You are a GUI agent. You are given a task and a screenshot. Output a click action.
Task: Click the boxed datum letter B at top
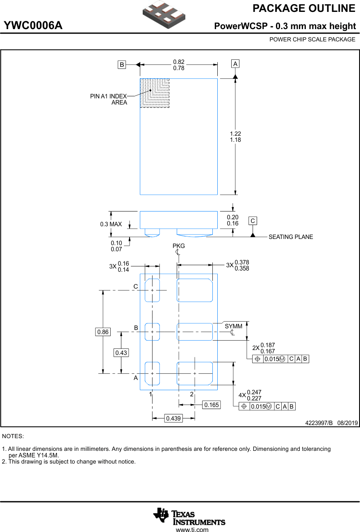(122, 64)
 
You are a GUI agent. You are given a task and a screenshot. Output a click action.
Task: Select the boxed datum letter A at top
(235, 64)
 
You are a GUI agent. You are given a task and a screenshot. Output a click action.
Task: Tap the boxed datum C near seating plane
(253, 221)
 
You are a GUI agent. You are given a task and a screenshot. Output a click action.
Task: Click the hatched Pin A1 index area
(155, 93)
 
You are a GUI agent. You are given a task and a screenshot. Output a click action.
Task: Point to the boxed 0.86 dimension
(103, 332)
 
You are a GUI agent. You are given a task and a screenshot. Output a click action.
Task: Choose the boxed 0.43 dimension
(121, 352)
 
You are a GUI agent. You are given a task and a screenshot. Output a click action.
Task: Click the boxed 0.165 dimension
(211, 405)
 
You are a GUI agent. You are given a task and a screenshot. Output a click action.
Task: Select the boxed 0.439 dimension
(173, 418)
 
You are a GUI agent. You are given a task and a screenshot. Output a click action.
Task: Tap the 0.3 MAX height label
(111, 224)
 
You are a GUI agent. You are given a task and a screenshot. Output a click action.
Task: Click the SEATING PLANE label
(290, 237)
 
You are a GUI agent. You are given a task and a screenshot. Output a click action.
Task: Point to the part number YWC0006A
(33, 26)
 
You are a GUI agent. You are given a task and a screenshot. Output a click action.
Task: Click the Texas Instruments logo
(189, 517)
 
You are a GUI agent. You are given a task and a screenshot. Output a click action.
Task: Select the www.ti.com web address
(192, 530)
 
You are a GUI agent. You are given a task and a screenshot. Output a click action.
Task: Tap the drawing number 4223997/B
(319, 423)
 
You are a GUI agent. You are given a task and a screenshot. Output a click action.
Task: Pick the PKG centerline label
(179, 246)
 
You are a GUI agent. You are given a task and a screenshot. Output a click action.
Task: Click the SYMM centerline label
(233, 326)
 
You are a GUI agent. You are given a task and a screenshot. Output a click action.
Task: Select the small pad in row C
(152, 290)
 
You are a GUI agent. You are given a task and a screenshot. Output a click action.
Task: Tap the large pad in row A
(195, 373)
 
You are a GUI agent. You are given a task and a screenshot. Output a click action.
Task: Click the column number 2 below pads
(191, 394)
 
